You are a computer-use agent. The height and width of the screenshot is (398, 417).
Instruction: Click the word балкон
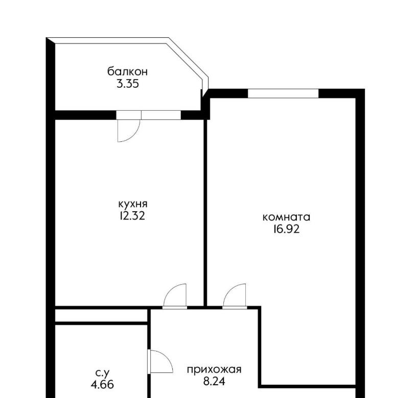pos(127,71)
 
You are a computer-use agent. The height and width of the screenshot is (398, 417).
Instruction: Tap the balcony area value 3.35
pos(128,84)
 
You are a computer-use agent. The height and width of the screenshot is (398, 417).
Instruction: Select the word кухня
pos(133,204)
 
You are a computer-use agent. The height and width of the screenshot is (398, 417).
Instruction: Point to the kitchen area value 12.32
pos(132,216)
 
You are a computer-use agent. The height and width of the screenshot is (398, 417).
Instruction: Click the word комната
pos(286,217)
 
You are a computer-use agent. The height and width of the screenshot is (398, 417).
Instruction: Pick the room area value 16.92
pos(286,229)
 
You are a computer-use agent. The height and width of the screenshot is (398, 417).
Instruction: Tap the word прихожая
pos(214,369)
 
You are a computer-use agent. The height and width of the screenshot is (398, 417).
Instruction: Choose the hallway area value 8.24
pos(214,382)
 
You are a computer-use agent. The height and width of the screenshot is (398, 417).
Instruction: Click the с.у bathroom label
pos(102,374)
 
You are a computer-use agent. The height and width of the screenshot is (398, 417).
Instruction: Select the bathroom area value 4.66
pos(102,384)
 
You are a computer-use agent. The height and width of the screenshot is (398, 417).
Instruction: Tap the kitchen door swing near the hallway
pos(170,290)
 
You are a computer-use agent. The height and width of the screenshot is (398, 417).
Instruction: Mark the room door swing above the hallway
pos(229,290)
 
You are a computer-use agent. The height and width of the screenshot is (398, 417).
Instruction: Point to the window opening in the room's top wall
pos(283,93)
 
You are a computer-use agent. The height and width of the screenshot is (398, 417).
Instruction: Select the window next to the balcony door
pos(161,115)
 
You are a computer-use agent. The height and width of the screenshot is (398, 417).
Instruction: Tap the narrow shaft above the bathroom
pos(101,315)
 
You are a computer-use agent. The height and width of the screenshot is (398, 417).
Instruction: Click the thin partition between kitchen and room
pos(205,213)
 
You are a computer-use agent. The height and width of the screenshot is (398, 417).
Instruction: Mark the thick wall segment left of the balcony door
pos(85,115)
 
